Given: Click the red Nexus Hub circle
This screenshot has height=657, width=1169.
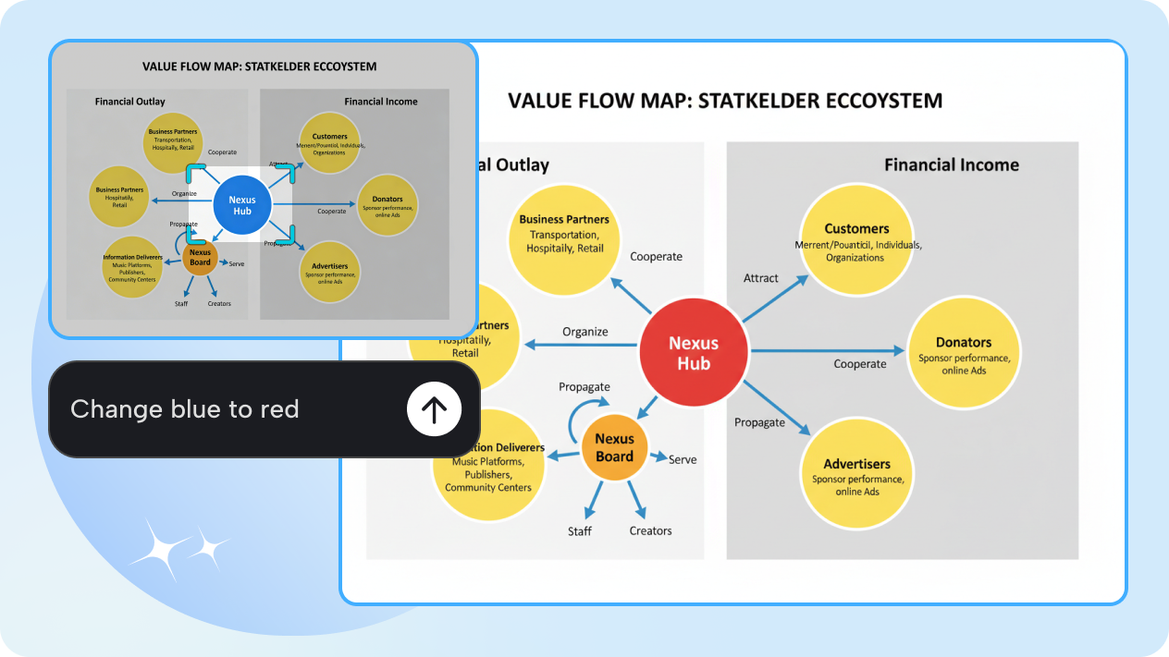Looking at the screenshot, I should coord(693,353).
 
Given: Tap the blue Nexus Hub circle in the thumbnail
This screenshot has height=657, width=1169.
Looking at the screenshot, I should coord(241,205).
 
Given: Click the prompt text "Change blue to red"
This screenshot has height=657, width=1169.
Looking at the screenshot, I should coord(185,409).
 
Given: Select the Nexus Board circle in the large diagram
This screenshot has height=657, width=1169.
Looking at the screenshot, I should coord(614,447).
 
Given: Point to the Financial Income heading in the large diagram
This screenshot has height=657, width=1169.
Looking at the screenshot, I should coord(951,164).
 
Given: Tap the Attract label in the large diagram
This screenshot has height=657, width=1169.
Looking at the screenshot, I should coord(761,278).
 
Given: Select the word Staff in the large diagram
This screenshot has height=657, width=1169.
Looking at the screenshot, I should coord(580,531).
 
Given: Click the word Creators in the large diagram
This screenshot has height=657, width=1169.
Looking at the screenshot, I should coord(650,531).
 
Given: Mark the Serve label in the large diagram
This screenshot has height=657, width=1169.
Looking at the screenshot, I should coord(683,459).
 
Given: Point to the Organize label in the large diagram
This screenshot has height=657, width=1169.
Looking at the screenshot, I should coord(585,332).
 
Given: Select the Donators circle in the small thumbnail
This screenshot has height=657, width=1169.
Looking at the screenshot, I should coord(387,204).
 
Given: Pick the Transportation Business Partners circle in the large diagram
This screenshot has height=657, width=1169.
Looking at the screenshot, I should coord(563,235).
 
